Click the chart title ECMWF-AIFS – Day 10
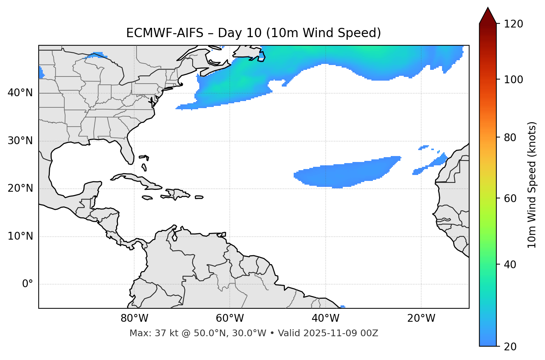254,33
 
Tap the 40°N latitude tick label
20,93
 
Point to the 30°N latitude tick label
20,141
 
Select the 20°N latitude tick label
20,188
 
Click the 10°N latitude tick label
20,236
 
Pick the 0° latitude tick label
28,284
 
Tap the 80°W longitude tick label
134,318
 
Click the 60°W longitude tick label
230,318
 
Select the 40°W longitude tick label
325,318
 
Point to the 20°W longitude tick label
421,318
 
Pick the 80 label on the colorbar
512,137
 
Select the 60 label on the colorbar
512,198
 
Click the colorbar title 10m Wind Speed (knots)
532,185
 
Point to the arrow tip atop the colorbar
488,8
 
